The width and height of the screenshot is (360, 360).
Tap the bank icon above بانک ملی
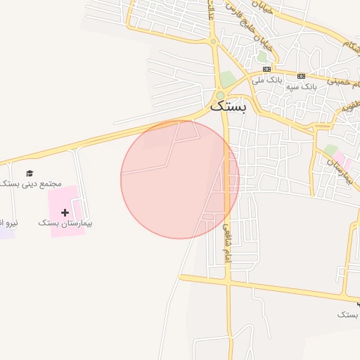click(x=266, y=69)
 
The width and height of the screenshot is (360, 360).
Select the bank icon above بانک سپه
click(x=302, y=76)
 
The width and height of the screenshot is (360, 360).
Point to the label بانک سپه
click(x=302, y=86)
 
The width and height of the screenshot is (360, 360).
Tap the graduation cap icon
click(x=30, y=173)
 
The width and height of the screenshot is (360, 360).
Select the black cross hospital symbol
click(x=65, y=212)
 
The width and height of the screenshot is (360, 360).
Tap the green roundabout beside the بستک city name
click(x=220, y=96)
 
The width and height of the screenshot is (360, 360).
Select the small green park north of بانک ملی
click(x=262, y=56)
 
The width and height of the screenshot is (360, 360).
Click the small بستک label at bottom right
click(x=348, y=314)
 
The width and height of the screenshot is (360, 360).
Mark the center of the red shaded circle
click(x=180, y=179)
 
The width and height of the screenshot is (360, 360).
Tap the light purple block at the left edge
click(x=6, y=232)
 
